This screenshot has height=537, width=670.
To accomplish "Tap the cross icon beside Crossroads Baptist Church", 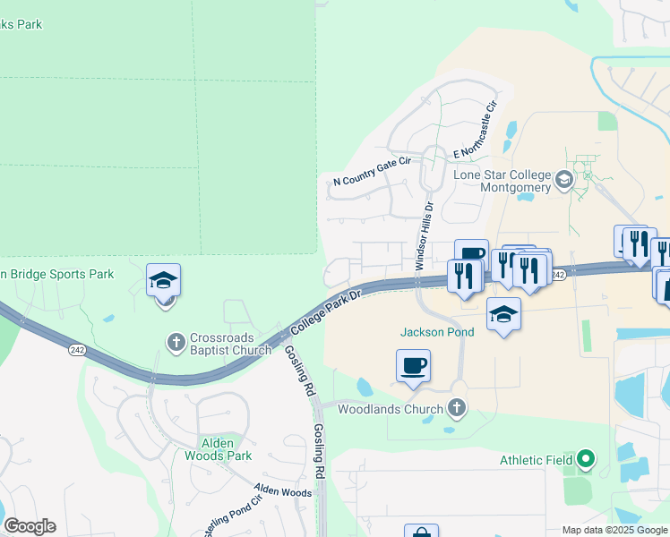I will click(x=176, y=341).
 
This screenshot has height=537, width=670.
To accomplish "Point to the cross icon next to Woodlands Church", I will click(x=457, y=409).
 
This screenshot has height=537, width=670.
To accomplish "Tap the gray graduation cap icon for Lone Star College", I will click(x=563, y=181).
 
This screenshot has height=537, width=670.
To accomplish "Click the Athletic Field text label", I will click(x=536, y=460).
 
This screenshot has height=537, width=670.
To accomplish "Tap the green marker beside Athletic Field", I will click(x=586, y=460).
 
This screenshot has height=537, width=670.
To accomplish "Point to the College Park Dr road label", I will click(x=326, y=312).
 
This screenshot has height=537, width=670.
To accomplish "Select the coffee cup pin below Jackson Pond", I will click(x=413, y=365).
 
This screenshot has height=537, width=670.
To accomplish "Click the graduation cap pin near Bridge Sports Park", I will click(x=164, y=281).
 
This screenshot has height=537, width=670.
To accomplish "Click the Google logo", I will click(x=30, y=526).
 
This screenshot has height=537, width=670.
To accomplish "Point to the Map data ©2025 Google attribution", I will click(x=615, y=530).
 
